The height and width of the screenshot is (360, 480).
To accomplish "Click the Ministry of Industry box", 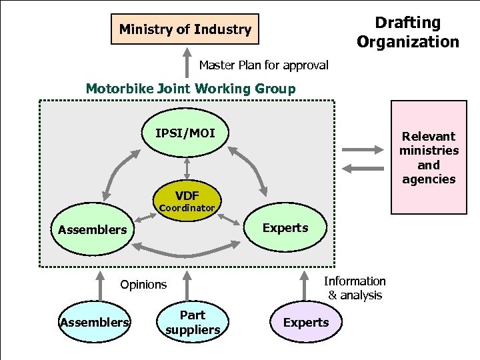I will click(x=185, y=29).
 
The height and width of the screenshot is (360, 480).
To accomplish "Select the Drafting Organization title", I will click(x=407, y=32).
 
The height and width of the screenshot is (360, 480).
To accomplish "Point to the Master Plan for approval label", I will click(x=264, y=65).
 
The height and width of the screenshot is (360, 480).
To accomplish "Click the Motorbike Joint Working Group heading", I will click(x=191, y=88).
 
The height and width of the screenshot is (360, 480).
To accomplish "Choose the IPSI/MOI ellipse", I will click(x=187, y=133).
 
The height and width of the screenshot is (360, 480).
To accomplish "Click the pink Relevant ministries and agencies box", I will click(x=429, y=157).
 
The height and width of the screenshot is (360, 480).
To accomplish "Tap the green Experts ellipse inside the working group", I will click(x=285, y=228).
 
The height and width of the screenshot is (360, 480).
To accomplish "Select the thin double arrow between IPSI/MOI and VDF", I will click(x=187, y=169).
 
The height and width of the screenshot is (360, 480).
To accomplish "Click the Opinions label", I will click(x=143, y=285).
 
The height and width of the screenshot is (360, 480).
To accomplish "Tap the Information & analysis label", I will click(x=355, y=288).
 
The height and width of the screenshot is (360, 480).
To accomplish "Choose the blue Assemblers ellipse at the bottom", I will click(x=93, y=323).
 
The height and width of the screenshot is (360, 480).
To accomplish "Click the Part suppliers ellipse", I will click(x=193, y=322).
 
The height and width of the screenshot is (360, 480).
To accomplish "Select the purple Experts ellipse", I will click(x=305, y=323).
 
